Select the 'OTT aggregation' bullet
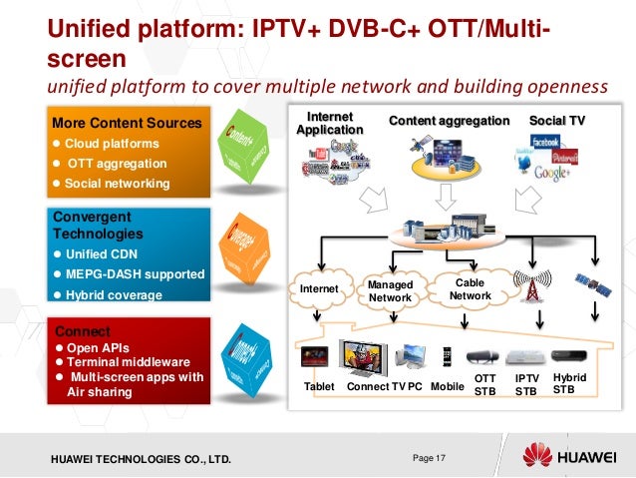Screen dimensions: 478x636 click(117, 163)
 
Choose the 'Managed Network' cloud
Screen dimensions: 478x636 click(391, 290)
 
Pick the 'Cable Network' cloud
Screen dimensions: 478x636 click(470, 289)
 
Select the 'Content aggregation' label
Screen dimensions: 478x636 click(449, 121)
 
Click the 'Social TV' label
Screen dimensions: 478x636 click(557, 121)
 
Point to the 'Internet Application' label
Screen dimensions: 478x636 click(329, 124)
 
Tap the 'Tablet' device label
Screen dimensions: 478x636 click(319, 386)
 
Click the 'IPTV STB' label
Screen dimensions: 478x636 click(526, 385)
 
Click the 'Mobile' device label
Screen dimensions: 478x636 click(448, 386)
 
